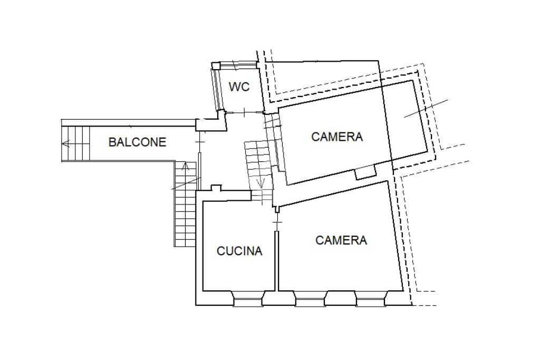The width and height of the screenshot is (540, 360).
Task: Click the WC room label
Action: point(239,87)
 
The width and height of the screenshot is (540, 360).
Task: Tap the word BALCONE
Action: point(138,142)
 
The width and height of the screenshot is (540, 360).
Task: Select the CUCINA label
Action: point(239,251)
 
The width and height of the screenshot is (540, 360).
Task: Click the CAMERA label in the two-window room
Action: point(341,240)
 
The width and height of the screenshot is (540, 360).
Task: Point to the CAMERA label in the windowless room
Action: point(337,137)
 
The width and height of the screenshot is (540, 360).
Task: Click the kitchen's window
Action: point(248,298)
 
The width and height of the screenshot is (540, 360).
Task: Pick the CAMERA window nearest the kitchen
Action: point(310,298)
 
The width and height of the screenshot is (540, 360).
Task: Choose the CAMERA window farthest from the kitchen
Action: point(372,298)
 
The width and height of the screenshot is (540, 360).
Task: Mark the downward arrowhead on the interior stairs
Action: point(261,183)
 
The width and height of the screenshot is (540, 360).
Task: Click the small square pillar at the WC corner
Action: point(216,66)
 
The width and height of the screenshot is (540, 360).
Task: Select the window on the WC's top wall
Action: point(238,64)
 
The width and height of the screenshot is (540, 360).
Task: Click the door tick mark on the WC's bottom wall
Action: point(244,112)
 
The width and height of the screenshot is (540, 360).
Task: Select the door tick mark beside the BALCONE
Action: point(199,142)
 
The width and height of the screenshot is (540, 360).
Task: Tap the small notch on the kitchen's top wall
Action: point(216,188)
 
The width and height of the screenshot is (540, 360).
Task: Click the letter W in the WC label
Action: point(234,87)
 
